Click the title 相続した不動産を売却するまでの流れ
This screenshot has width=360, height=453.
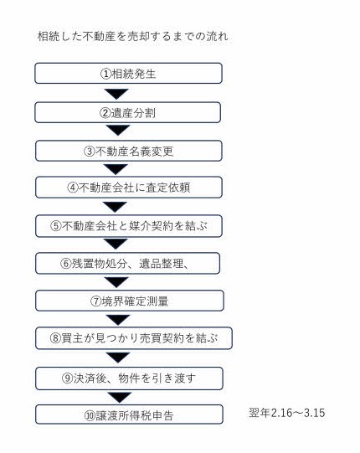(132, 37)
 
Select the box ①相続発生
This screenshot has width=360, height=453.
(128, 74)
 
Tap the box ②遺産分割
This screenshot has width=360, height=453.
(128, 112)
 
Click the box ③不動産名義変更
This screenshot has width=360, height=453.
(129, 151)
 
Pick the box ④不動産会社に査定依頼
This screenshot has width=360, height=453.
(129, 188)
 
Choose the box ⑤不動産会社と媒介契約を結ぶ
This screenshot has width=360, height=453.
(129, 226)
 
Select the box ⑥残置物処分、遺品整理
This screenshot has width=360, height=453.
(127, 263)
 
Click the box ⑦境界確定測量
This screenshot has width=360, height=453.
(130, 301)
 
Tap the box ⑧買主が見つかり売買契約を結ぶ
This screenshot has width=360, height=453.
(134, 338)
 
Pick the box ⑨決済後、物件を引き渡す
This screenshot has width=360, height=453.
(129, 378)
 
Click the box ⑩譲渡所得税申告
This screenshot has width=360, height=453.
(129, 414)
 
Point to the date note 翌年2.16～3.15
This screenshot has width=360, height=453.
(287, 413)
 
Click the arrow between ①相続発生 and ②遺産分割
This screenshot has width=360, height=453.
(116, 94)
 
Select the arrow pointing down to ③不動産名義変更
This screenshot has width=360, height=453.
(118, 130)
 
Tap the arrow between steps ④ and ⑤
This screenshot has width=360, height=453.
(115, 206)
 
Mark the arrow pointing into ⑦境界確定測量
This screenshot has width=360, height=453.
(116, 282)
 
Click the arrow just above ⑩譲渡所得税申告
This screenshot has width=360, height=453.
(120, 397)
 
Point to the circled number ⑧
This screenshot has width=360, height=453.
(55, 337)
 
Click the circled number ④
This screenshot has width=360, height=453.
(73, 188)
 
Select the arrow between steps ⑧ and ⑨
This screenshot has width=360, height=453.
(118, 358)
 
